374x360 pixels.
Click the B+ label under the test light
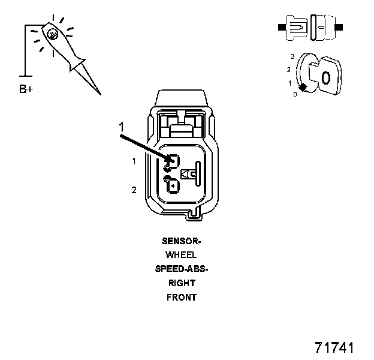[26, 90]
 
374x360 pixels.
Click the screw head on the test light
[53, 35]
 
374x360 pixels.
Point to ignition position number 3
[292, 56]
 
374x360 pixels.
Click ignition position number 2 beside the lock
[288, 70]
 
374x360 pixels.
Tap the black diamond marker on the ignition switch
[303, 88]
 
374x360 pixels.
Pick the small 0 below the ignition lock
[294, 95]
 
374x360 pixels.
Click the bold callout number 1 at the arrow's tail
[121, 127]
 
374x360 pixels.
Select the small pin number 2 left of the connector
[134, 190]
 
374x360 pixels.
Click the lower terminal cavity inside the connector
[171, 187]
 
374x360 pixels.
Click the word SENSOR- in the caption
[182, 241]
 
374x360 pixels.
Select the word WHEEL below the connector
[182, 255]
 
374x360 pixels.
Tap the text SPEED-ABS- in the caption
[182, 269]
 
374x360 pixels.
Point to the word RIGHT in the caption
[182, 283]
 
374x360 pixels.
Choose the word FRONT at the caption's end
[182, 297]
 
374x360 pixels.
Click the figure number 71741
[334, 348]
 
